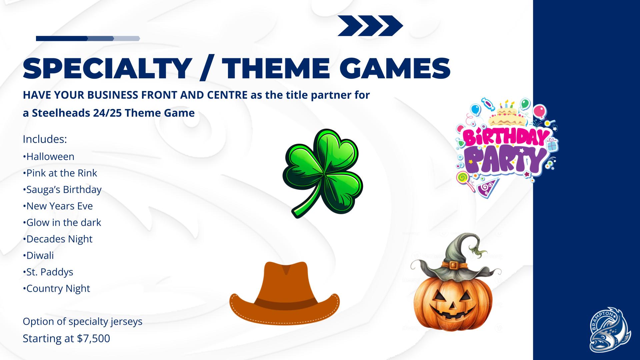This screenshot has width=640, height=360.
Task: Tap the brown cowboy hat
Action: [284, 293]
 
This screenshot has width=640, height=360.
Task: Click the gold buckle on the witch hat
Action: [453, 265]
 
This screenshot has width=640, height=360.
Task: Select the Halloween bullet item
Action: [49, 156]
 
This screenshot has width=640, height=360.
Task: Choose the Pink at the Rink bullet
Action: [60, 173]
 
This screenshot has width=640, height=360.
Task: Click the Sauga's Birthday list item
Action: [62, 190]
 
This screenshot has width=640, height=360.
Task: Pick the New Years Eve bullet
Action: [58, 206]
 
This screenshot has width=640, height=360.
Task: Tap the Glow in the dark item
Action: [62, 222]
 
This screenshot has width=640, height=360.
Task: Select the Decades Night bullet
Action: [58, 239]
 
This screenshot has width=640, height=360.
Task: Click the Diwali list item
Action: [38, 255]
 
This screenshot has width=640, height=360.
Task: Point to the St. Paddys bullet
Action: [48, 272]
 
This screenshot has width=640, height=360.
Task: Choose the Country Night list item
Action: [56, 288]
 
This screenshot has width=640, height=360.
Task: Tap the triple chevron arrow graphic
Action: [370, 26]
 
